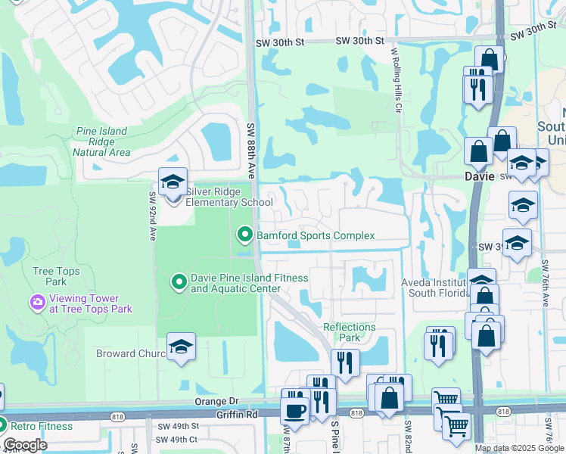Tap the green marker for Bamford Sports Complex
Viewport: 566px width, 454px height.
point(244,235)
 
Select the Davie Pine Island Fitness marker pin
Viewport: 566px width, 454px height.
point(179,283)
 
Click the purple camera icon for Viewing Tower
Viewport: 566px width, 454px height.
point(36,303)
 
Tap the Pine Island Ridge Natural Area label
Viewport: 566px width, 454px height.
point(101,141)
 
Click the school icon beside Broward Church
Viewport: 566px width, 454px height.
point(181,347)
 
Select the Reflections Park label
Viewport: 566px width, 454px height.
point(349,332)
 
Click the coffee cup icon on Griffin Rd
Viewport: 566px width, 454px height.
point(294,411)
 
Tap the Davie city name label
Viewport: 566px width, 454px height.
point(478,176)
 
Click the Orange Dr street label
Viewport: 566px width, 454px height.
point(216,402)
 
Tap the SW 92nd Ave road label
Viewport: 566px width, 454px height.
point(152,215)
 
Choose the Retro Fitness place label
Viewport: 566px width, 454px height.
point(42,426)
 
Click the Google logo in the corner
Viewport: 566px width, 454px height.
point(25,445)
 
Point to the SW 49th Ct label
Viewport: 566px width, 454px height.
point(177,440)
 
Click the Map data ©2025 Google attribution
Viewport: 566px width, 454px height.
point(519,448)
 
